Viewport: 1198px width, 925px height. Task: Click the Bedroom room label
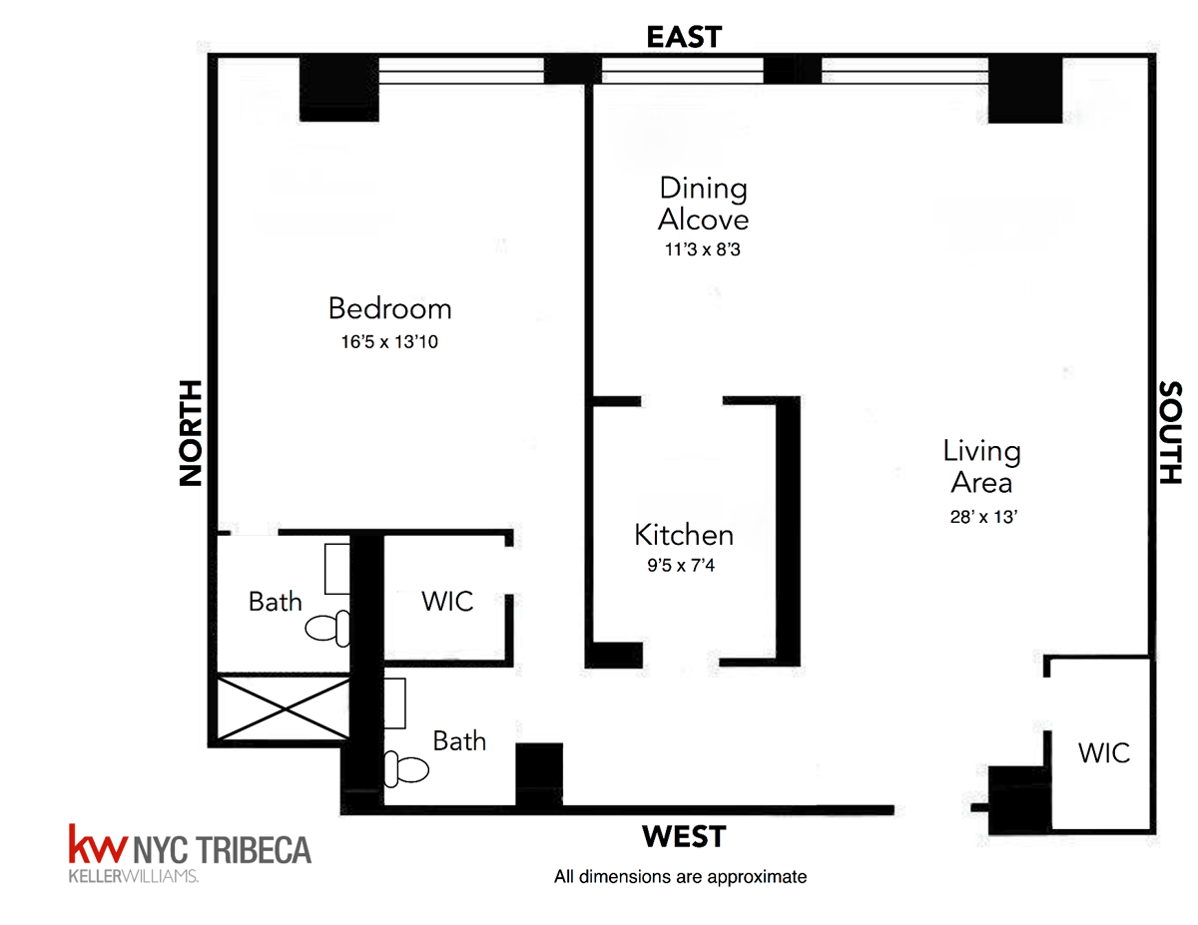click(x=389, y=308)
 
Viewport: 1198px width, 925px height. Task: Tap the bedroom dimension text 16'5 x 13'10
click(x=389, y=341)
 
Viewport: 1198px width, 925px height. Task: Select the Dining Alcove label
click(x=703, y=203)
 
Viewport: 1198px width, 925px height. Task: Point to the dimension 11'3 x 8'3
click(x=703, y=249)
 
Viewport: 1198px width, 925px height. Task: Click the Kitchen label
click(x=684, y=535)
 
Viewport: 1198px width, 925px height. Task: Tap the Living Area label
click(x=981, y=467)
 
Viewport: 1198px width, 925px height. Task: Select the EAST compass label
click(x=684, y=37)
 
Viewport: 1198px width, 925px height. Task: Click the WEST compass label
click(x=684, y=835)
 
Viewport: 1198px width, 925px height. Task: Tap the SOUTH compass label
click(x=1170, y=433)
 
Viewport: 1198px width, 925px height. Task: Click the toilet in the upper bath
click(x=327, y=628)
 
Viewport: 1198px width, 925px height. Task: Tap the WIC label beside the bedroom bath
click(x=446, y=602)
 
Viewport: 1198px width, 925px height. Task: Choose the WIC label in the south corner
click(x=1103, y=751)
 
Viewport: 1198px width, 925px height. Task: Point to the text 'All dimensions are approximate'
click(x=680, y=877)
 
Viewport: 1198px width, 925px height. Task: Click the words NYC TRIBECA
click(x=222, y=850)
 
